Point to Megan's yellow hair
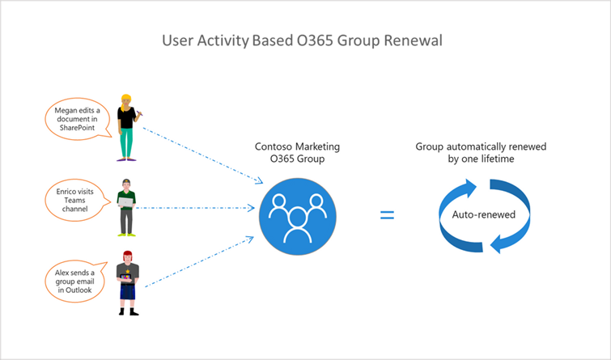tap(126, 100)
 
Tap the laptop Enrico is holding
tap(130, 203)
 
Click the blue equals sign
tap(388, 215)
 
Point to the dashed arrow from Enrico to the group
tap(194, 209)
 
